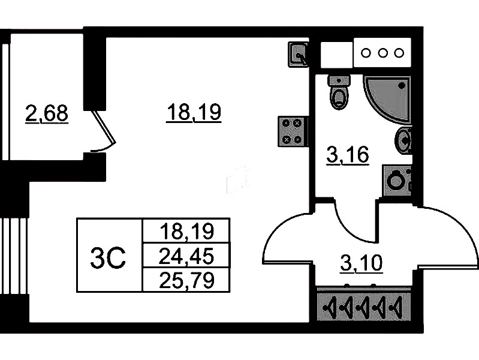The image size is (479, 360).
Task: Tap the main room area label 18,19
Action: click(x=194, y=112)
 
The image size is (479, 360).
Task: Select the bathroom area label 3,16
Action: click(x=347, y=156)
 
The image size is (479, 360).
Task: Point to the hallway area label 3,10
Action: click(x=361, y=262)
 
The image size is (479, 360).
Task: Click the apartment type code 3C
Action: click(x=108, y=259)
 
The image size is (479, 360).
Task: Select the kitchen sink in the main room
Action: click(x=299, y=54)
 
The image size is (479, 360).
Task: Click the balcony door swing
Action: click(x=103, y=133)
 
